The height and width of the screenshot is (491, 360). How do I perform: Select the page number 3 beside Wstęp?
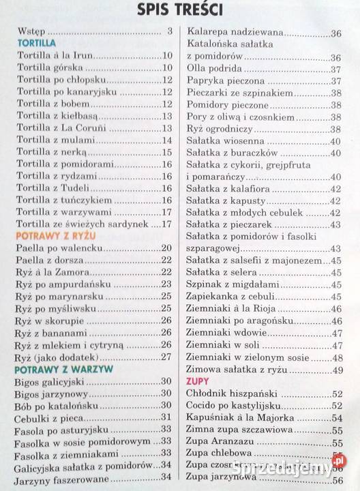click(169, 31)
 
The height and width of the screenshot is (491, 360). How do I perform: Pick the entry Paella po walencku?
click(60, 248)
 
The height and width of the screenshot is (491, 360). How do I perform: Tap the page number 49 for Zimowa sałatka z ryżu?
click(336, 369)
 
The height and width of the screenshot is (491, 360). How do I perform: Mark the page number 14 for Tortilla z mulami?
click(166, 140)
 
